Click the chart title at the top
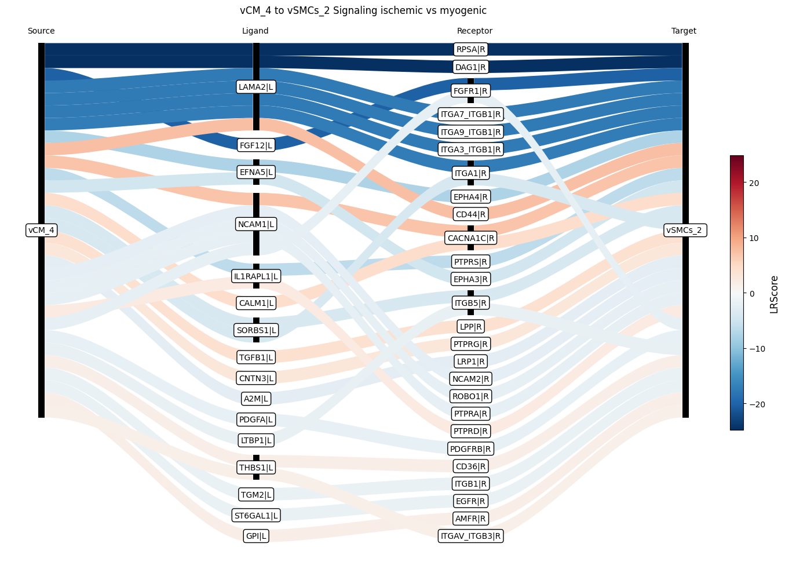pos(363,10)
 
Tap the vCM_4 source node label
pos(41,230)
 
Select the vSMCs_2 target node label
pos(685,230)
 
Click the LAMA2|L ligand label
pos(256,87)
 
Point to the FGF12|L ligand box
pos(256,145)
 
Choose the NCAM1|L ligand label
pos(256,224)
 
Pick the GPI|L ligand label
pos(256,536)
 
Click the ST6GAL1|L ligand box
pos(256,516)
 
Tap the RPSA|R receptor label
pos(470,49)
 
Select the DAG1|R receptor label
pos(470,67)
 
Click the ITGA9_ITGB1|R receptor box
pos(470,132)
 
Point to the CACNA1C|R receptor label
pos(470,238)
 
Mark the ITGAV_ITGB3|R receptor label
pos(470,536)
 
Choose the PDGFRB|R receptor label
pos(470,448)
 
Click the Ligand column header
pos(255,31)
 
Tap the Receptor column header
pos(474,31)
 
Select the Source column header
pos(41,31)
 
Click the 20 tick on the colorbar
pos(754,183)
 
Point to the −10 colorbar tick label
pos(757,349)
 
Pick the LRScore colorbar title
pos(774,294)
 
